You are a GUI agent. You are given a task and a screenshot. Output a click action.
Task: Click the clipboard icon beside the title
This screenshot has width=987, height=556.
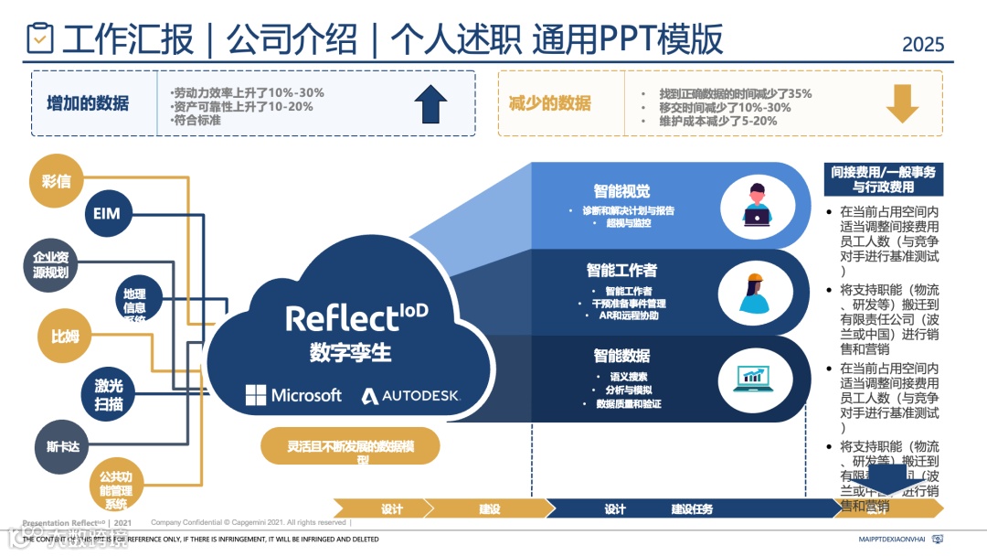pos(40,37)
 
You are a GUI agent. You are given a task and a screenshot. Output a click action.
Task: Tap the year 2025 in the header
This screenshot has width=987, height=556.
pos(923,44)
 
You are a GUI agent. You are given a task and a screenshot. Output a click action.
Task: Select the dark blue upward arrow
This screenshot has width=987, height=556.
pos(430,103)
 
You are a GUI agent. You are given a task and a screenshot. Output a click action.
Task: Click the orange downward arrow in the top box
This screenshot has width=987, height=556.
pos(902,103)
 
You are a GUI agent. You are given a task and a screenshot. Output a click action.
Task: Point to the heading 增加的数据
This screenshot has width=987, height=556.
pos(88,103)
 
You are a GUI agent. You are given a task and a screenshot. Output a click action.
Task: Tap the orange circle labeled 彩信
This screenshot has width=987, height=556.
pos(57,181)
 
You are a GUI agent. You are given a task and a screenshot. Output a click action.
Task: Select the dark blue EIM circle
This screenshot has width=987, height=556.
pos(107,215)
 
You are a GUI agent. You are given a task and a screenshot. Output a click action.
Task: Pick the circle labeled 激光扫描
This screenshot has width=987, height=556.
pos(108,394)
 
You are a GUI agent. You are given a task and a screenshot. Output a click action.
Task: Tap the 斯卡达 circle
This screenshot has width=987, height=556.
pos(63,447)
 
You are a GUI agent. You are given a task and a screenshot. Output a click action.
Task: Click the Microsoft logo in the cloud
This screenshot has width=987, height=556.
pos(292,395)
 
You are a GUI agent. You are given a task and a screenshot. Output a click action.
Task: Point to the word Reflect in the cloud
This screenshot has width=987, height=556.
pos(342,318)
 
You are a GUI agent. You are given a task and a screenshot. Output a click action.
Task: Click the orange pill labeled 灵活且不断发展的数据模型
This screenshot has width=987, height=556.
pos(351,447)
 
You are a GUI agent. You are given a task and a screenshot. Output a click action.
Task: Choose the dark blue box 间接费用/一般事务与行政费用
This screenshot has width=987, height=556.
pos(883,179)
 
